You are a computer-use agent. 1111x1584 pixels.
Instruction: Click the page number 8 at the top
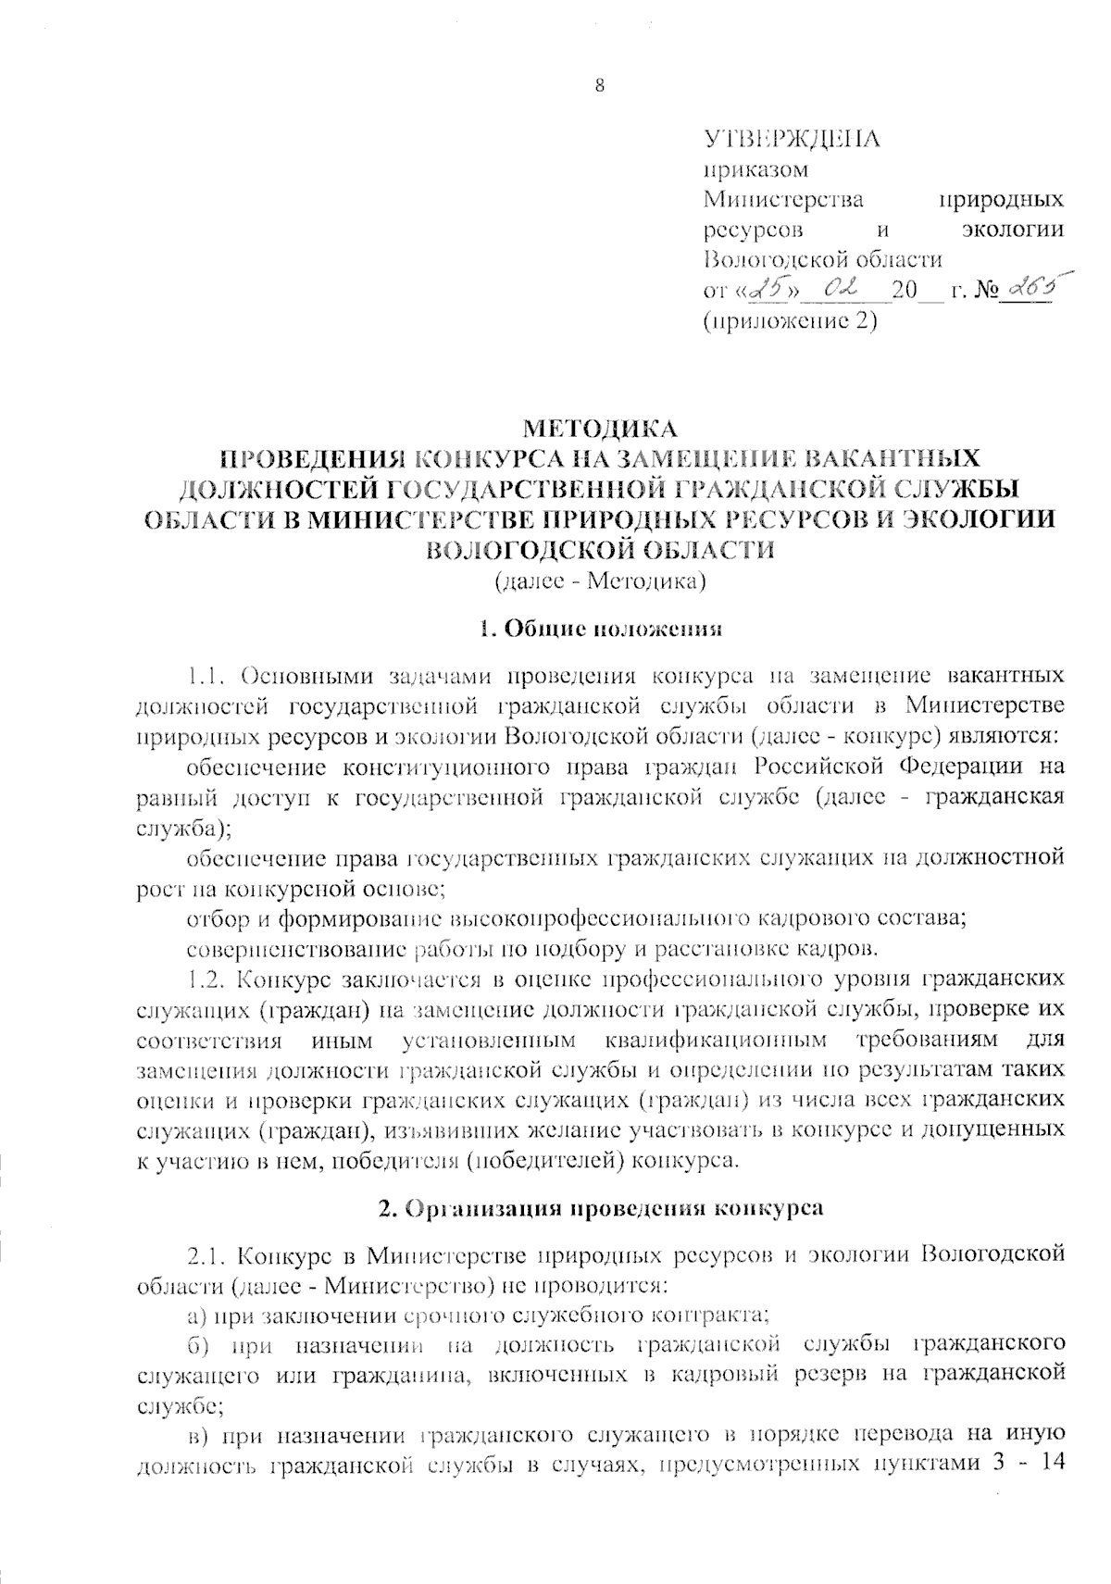tap(599, 87)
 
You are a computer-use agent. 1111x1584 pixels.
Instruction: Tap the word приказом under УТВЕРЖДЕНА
tap(755, 170)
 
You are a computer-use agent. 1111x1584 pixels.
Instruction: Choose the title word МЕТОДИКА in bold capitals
tap(600, 429)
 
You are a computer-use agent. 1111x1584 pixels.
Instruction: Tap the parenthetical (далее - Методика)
tap(600, 582)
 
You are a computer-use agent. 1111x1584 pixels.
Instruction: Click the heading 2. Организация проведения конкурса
tap(600, 1208)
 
